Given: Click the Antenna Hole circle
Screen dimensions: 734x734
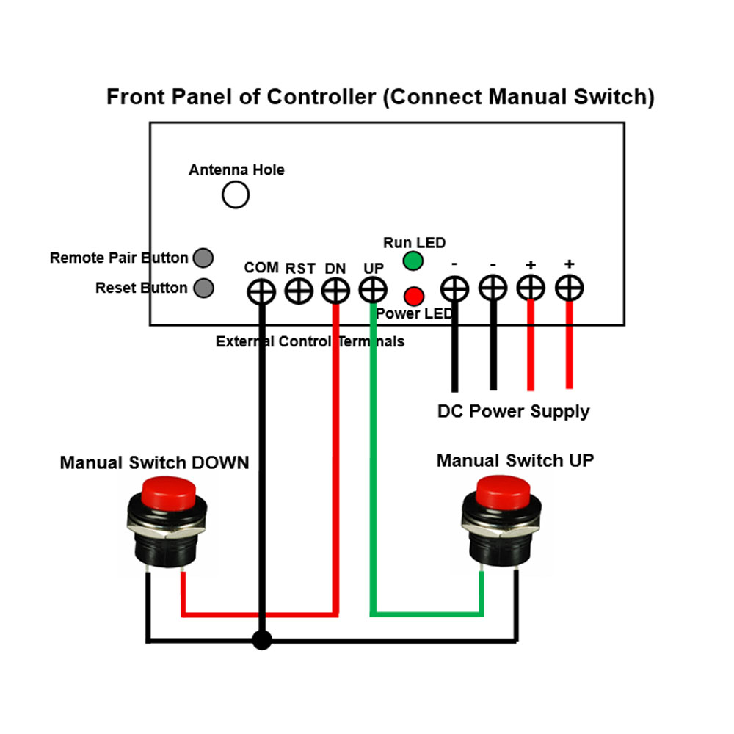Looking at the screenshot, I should tap(236, 195).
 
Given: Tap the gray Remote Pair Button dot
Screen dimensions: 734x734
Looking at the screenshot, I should tap(203, 258).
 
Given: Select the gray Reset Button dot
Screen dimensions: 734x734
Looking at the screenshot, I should tap(204, 288).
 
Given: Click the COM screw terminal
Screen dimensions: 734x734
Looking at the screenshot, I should tap(261, 291).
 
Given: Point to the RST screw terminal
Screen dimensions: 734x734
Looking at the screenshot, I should tap(298, 291).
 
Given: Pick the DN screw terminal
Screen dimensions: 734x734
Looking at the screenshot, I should tap(335, 291).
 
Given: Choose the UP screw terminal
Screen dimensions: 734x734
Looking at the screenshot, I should tap(373, 291).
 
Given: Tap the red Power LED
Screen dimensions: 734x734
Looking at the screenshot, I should tap(414, 296).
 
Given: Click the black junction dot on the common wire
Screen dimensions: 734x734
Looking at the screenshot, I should tap(261, 640).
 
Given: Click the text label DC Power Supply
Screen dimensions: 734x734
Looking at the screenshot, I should tap(513, 411).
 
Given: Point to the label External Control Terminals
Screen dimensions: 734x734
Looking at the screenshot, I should tap(310, 341).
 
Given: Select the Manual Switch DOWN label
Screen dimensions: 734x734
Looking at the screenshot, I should tap(154, 462).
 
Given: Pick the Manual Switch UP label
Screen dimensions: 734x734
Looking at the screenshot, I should tap(515, 460).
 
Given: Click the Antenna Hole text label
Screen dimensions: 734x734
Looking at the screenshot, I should tap(236, 170).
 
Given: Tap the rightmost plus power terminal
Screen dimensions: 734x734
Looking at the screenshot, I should tap(569, 288).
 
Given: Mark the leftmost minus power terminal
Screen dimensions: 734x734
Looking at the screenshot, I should tap(454, 288).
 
